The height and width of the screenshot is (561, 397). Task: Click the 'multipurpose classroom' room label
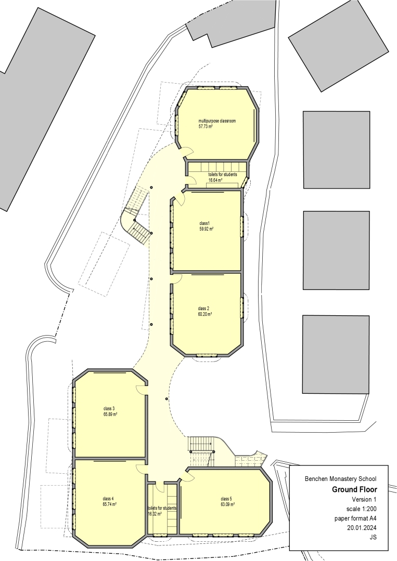tap(217, 121)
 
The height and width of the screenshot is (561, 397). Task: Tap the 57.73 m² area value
tap(206, 126)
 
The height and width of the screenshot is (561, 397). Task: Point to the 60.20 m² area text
tap(205, 314)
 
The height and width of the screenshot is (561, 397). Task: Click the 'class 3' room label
tap(109, 409)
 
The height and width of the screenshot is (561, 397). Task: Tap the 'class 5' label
tap(226, 499)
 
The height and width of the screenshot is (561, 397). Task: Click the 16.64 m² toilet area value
tap(215, 180)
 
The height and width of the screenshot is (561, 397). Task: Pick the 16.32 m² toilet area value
tap(155, 514)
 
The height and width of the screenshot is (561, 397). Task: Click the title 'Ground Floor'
tap(354, 489)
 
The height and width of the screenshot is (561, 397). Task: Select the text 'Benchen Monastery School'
tap(341, 479)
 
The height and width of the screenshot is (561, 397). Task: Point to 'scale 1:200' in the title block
tap(362, 509)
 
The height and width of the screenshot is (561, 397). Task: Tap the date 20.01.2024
tap(362, 528)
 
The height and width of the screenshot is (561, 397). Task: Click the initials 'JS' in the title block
tap(373, 538)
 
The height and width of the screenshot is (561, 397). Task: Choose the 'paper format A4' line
tap(355, 518)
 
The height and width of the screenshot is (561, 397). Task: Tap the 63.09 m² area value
tap(227, 504)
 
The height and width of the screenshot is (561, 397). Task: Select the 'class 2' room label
tap(203, 309)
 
